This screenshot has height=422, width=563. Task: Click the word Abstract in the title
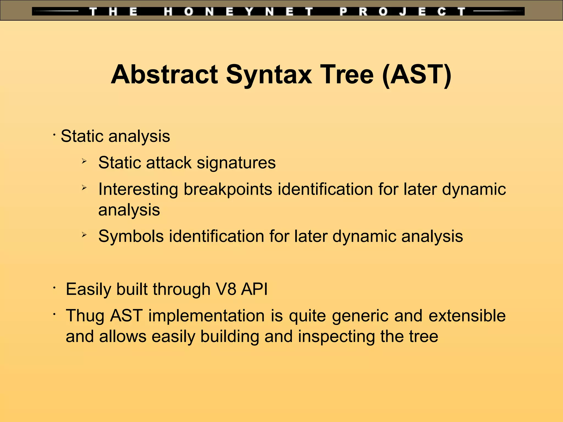click(164, 74)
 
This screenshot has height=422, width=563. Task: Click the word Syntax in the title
click(269, 74)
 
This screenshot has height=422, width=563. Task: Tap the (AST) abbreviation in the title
click(416, 74)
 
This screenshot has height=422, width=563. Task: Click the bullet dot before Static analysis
click(55, 135)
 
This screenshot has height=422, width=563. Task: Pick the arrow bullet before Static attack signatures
click(84, 161)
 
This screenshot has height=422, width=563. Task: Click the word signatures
click(236, 163)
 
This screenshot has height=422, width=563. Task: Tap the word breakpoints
click(228, 189)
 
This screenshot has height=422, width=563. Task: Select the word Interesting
click(138, 189)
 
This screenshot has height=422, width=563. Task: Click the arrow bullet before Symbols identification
click(84, 234)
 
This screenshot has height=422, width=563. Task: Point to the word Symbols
click(131, 236)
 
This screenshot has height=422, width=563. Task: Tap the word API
click(254, 289)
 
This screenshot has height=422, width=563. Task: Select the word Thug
click(85, 315)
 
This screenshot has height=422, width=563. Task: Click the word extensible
click(467, 315)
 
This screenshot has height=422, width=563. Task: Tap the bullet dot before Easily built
click(55, 288)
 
